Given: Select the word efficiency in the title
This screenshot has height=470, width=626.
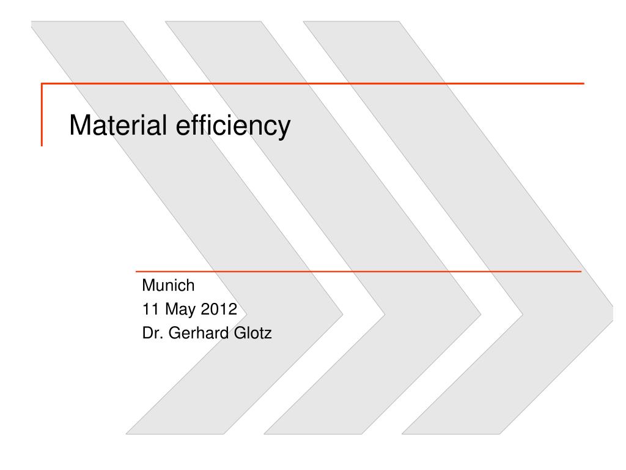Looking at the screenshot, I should coord(233,126).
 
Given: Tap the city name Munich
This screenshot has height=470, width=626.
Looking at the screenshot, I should coord(168,285).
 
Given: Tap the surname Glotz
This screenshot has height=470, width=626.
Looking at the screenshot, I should coord(253,333).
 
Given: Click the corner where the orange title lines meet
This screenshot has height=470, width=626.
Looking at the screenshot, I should coord(42,83).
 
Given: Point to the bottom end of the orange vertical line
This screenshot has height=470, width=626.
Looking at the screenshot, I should coord(42,146).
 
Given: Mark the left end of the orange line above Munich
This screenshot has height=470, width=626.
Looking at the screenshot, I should coord(136,271).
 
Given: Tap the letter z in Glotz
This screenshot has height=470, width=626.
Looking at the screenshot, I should coord(268,334).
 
